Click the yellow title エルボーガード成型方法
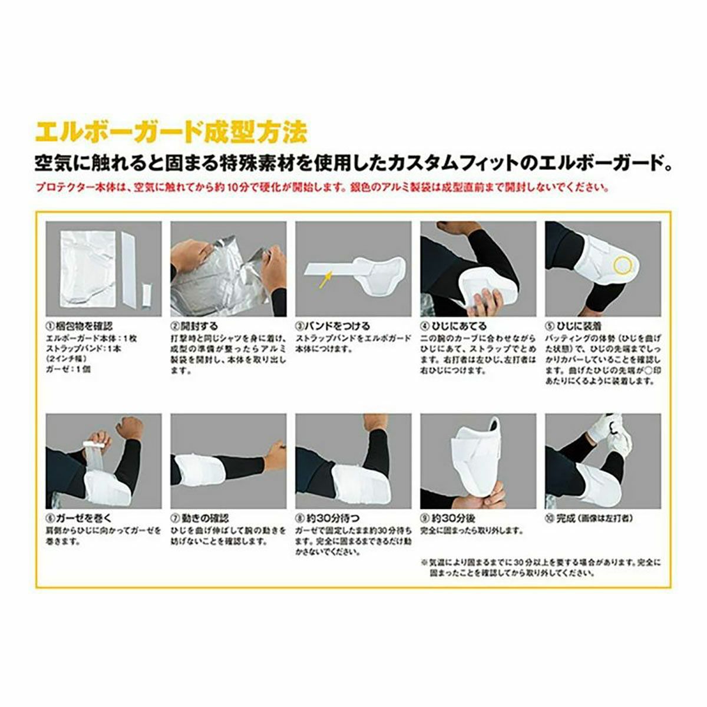[x=171, y=132]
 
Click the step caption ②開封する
[x=194, y=326]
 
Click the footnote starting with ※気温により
[x=541, y=567]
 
